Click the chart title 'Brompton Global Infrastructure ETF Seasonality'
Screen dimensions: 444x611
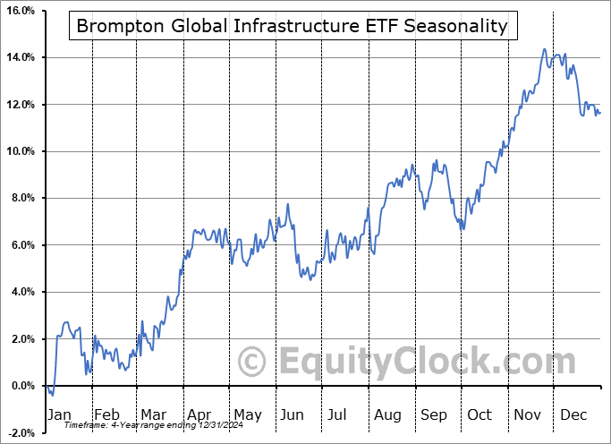coord(292,26)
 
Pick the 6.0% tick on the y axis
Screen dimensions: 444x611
coord(21,245)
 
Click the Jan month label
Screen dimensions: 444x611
coord(58,414)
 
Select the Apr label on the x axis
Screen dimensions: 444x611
coord(199,414)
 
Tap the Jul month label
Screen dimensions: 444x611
coord(338,414)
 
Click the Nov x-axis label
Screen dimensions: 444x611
coord(526,414)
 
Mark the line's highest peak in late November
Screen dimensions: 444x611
coord(544,49)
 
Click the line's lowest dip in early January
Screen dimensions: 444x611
coord(53,395)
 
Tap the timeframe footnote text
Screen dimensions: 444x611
coord(146,425)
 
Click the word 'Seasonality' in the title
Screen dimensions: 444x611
coord(457,26)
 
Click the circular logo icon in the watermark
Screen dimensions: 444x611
coord(253,363)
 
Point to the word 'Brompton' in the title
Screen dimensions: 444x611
coord(114,26)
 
